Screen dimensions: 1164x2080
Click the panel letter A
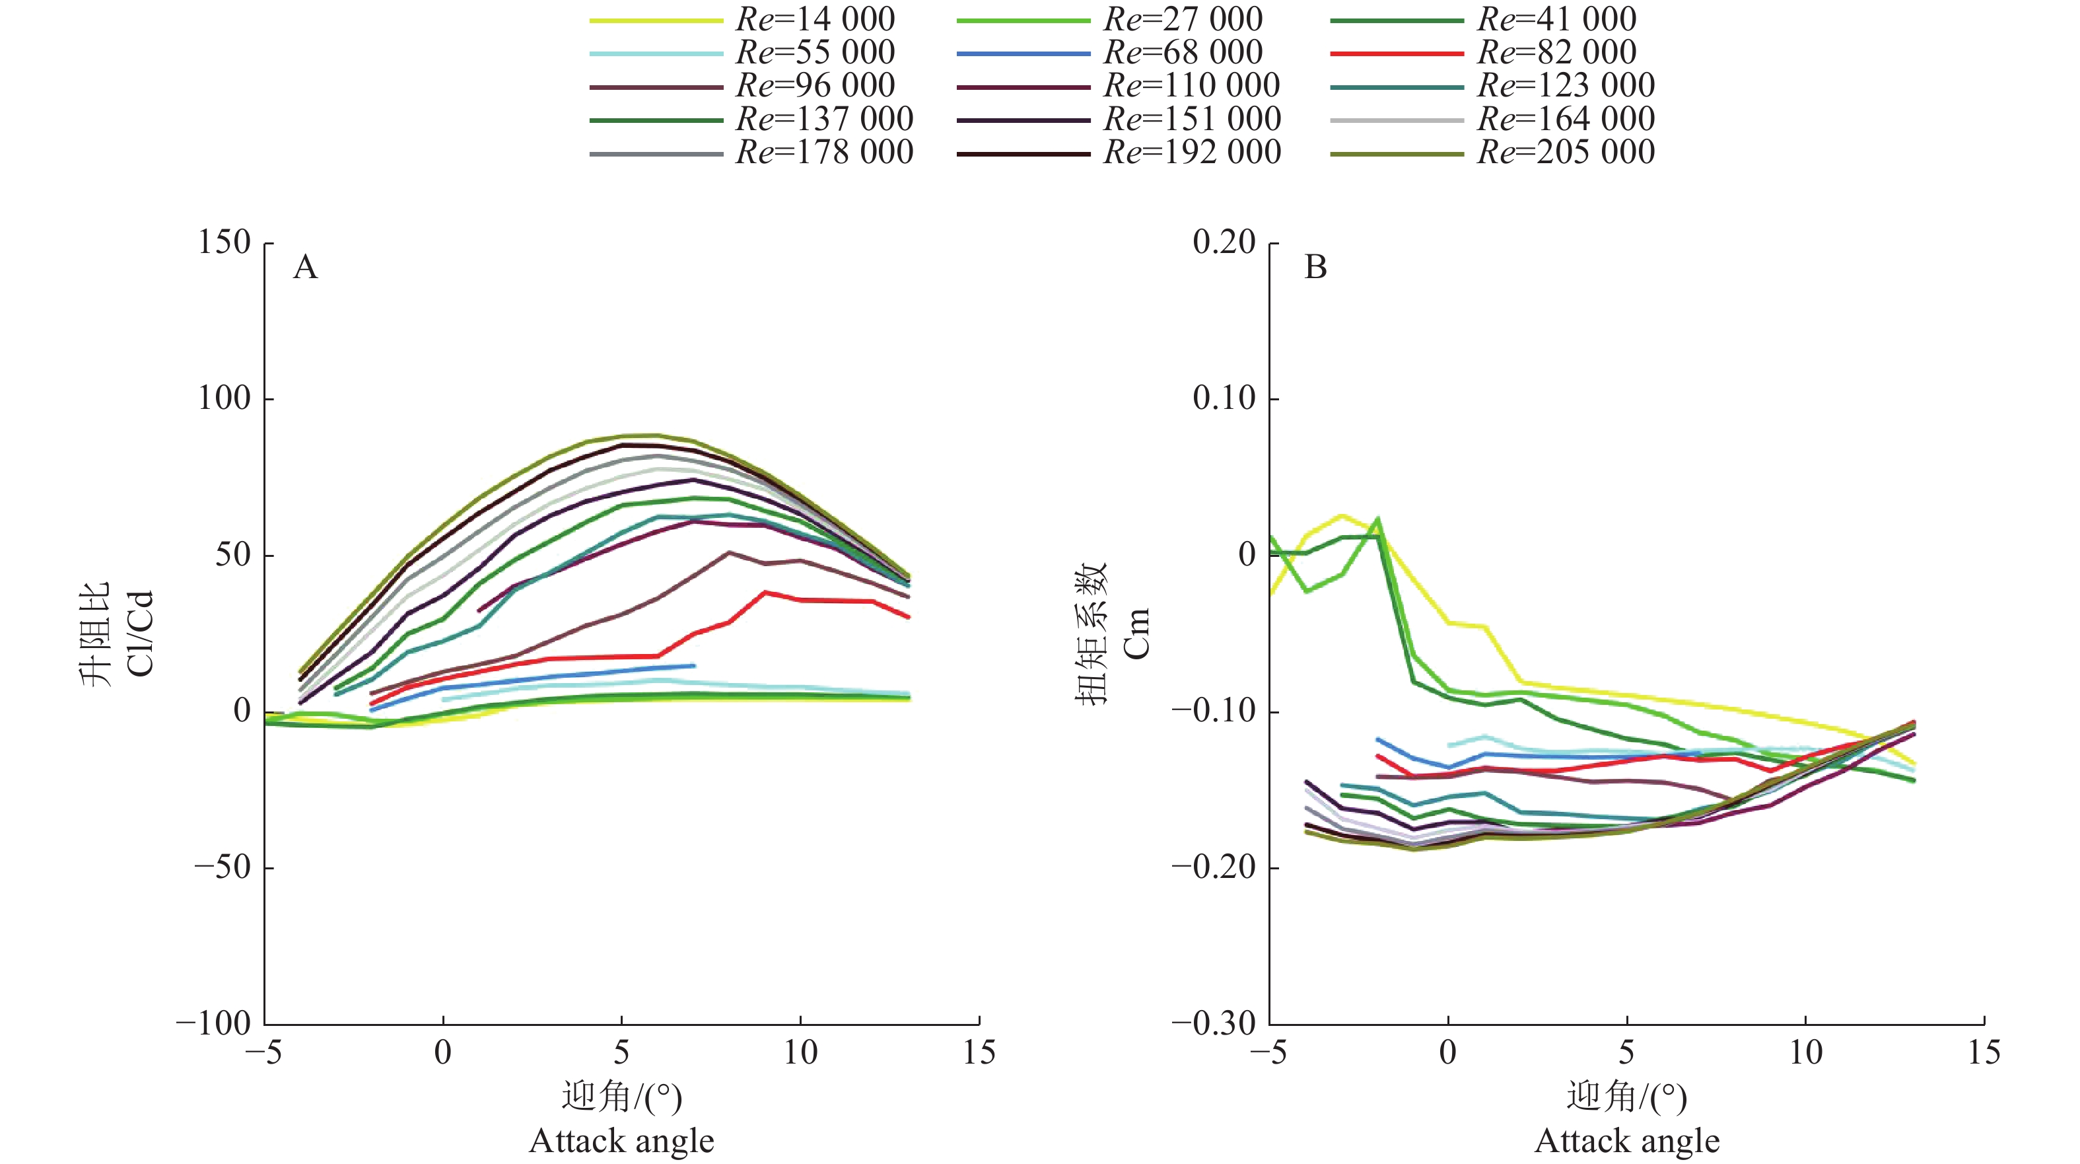(x=305, y=268)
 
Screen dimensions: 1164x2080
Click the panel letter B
(x=1315, y=268)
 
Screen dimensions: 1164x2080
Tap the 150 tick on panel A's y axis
(x=225, y=242)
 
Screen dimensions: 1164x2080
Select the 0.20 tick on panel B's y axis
(x=1224, y=242)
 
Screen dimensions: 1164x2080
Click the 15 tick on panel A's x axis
(x=979, y=1052)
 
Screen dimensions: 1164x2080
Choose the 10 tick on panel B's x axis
(x=1805, y=1052)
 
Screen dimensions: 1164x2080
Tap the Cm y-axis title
(x=1135, y=634)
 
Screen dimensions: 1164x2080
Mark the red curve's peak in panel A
(x=765, y=592)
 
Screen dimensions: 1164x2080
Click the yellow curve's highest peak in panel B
(x=1342, y=515)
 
